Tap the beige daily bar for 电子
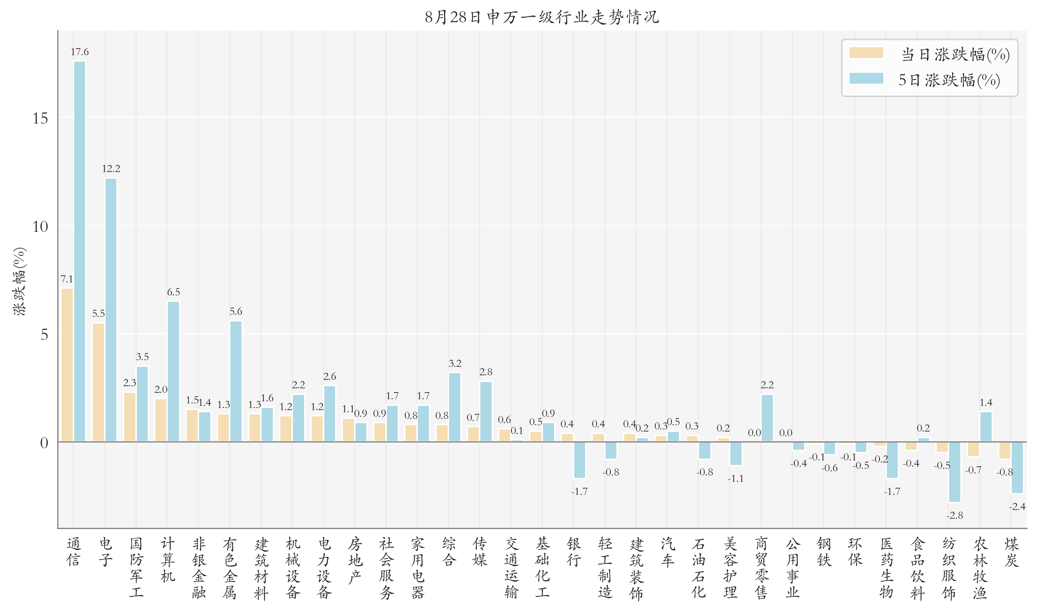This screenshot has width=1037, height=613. [x=98, y=382]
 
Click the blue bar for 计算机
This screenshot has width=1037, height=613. [x=173, y=371]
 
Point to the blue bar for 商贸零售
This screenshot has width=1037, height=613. [x=767, y=418]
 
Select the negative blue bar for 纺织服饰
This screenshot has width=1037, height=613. [x=954, y=472]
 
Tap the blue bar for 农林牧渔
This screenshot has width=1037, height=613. [x=986, y=427]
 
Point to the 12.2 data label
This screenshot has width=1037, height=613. [x=111, y=168]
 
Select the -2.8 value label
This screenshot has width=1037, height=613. [x=954, y=516]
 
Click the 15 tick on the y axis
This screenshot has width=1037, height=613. [x=40, y=119]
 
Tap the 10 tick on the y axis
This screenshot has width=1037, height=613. [x=40, y=227]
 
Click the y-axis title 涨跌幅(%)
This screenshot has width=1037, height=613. [x=20, y=281]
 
